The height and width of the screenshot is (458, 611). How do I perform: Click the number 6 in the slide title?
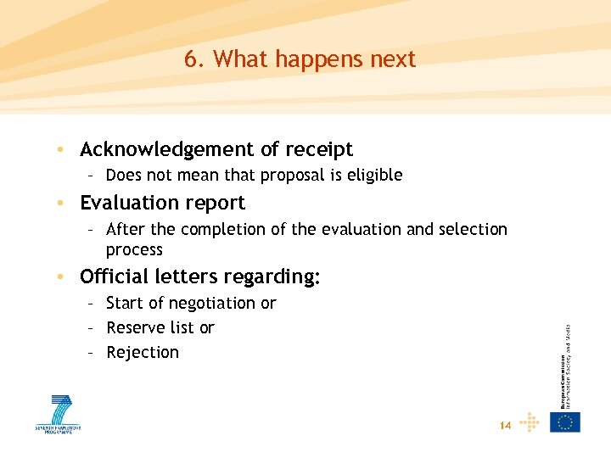[x=191, y=59]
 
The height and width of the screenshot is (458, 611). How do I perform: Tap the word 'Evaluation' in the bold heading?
[x=129, y=203]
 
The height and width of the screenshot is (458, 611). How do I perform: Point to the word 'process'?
[x=134, y=250]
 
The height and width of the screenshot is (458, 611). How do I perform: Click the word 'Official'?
[x=115, y=276]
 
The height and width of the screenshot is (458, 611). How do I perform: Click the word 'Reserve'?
[x=136, y=327]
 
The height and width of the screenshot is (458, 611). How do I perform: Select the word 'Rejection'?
[x=143, y=352]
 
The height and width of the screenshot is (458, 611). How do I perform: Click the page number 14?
[x=505, y=425]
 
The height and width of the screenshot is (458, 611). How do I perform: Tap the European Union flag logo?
[x=565, y=422]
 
